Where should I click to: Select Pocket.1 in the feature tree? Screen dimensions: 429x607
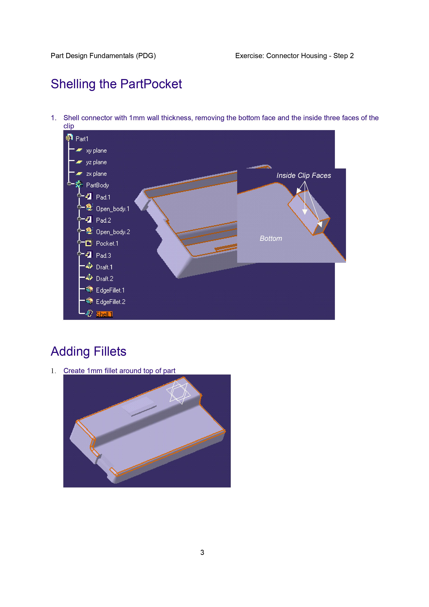pyautogui.click(x=107, y=244)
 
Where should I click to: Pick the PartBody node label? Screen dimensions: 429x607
pyautogui.click(x=98, y=185)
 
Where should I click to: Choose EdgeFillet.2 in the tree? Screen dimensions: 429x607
pyautogui.click(x=111, y=302)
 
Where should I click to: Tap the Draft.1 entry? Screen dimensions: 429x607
pyautogui.click(x=104, y=267)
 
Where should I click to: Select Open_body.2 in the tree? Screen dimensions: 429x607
pyautogui.click(x=113, y=232)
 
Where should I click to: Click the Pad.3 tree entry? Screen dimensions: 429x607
pyautogui.click(x=103, y=255)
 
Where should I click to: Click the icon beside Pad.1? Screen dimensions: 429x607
pyautogui.click(x=89, y=196)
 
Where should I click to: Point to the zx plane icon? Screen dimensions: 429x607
pyautogui.click(x=79, y=174)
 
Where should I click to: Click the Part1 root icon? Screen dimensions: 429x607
pyautogui.click(x=69, y=138)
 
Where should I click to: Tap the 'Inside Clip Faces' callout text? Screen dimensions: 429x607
pyautogui.click(x=304, y=176)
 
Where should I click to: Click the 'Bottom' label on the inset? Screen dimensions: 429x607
pyautogui.click(x=271, y=239)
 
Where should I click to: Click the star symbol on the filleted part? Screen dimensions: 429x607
pyautogui.click(x=178, y=392)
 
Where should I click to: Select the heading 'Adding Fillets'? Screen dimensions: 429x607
pyautogui.click(x=89, y=351)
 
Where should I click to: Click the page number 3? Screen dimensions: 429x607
pyautogui.click(x=202, y=552)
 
